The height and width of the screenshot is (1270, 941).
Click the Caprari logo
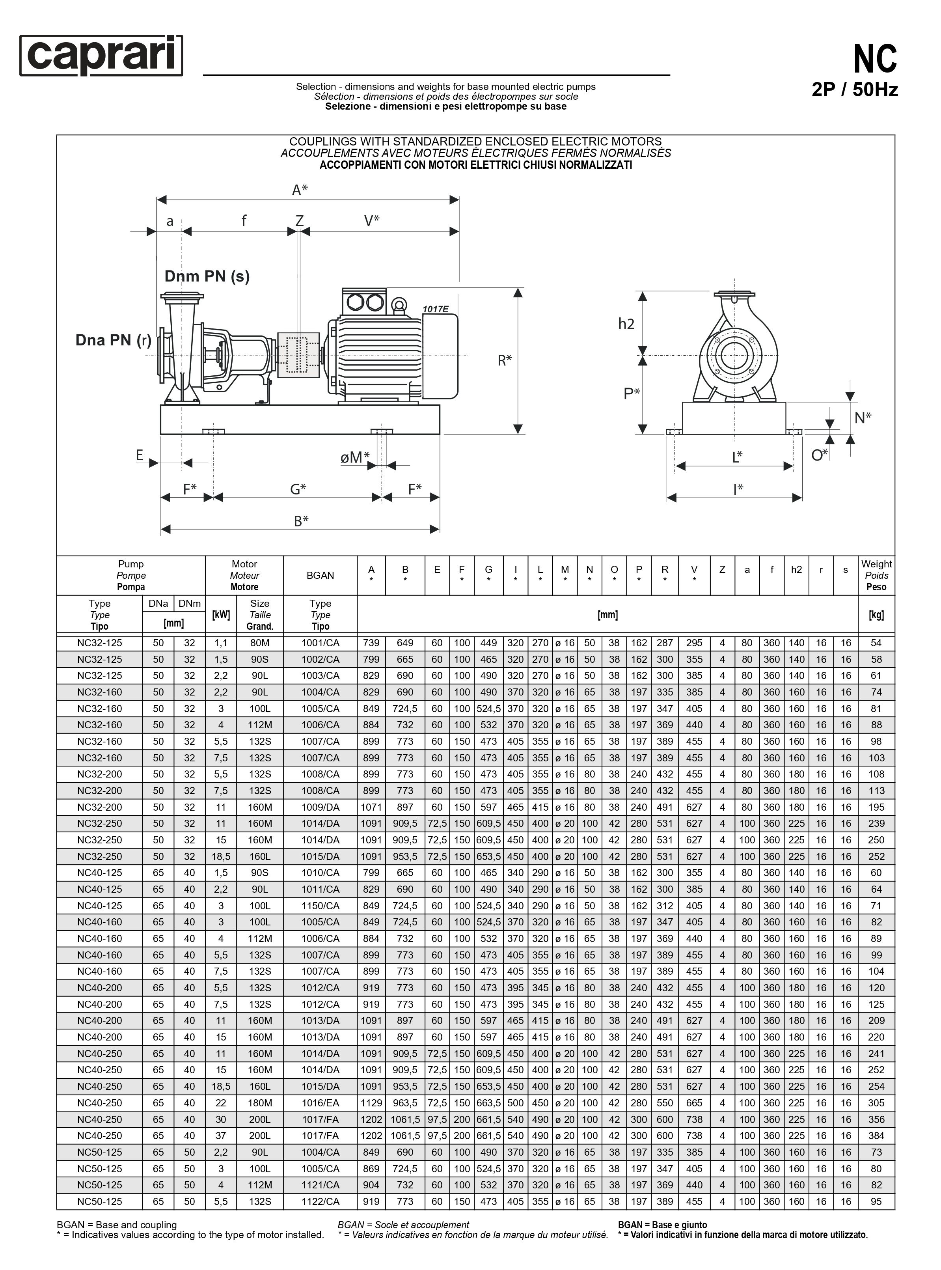click(101, 55)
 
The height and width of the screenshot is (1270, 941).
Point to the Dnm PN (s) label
click(207, 276)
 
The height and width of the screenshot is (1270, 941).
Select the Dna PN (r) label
click(114, 340)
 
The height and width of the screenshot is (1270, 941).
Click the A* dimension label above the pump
click(300, 190)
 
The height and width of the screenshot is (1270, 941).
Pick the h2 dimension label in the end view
click(626, 324)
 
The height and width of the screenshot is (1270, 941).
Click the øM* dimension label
click(354, 457)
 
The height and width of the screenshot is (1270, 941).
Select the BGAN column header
click(320, 575)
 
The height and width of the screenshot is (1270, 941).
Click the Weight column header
click(876, 575)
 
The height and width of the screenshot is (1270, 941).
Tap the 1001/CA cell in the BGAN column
click(320, 643)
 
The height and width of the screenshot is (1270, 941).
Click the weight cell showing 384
click(876, 1136)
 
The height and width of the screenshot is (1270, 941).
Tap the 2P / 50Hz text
click(854, 90)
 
